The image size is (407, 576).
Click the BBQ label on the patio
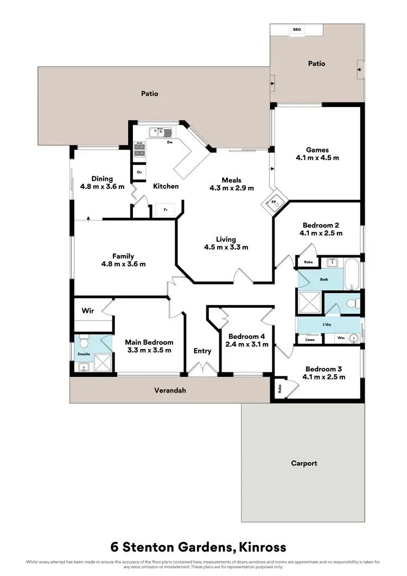pyautogui.click(x=297, y=29)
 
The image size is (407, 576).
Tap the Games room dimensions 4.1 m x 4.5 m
pyautogui.click(x=317, y=158)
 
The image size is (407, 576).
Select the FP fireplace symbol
pyautogui.click(x=274, y=203)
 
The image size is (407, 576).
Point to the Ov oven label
pyautogui.click(x=139, y=172)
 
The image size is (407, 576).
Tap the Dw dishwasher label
pyautogui.click(x=170, y=143)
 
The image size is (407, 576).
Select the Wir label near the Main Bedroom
pyautogui.click(x=88, y=311)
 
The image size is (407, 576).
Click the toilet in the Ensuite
pyautogui.click(x=84, y=343)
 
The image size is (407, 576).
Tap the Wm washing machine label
pyautogui.click(x=341, y=338)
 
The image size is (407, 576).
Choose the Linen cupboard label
pyautogui.click(x=310, y=340)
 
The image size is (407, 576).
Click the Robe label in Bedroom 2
pyautogui.click(x=308, y=262)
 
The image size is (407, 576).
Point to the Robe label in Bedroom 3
pyautogui.click(x=280, y=389)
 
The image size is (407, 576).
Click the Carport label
pyautogui.click(x=303, y=463)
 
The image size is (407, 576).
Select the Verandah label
pyautogui.click(x=170, y=390)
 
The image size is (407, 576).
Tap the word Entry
pyautogui.click(x=202, y=351)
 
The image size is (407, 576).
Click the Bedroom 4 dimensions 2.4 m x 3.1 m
pyautogui.click(x=247, y=344)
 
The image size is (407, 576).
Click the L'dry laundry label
pyautogui.click(x=327, y=325)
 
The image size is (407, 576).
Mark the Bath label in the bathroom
pyautogui.click(x=324, y=280)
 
